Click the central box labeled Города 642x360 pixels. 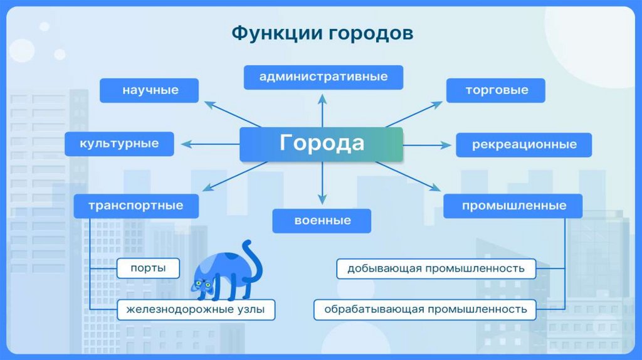(321, 144)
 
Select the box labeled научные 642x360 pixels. (150, 90)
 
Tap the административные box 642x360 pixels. (323, 77)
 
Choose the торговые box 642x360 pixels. (496, 90)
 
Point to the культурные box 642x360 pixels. (119, 144)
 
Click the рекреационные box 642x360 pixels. (524, 145)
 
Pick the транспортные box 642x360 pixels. (136, 206)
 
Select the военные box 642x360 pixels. (322, 221)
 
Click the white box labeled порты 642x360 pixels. (148, 268)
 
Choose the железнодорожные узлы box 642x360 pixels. (195, 310)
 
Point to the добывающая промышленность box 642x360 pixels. (436, 268)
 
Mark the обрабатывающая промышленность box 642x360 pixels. (425, 309)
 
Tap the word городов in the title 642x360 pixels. (371, 33)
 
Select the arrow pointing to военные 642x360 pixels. (322, 188)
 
